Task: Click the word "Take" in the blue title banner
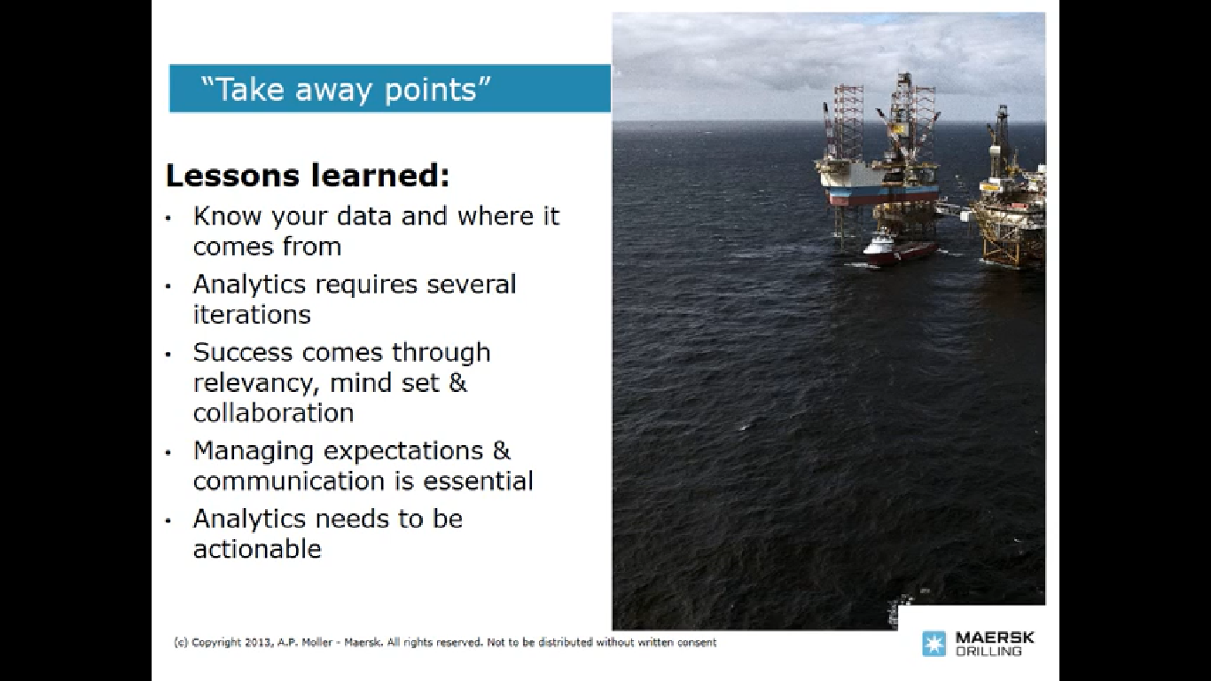click(x=250, y=89)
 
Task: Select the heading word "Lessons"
click(x=232, y=176)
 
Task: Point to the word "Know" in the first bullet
click(x=228, y=215)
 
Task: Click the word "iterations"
click(x=252, y=314)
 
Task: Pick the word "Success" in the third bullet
click(x=243, y=352)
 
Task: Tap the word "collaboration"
click(x=274, y=412)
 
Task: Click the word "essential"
click(x=477, y=481)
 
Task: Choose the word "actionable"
click(x=257, y=549)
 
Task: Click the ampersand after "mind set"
click(x=457, y=382)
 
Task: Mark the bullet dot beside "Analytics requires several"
click(x=168, y=286)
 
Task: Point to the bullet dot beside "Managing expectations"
click(x=168, y=453)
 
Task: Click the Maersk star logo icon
click(x=934, y=644)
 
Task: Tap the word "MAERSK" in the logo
click(x=995, y=638)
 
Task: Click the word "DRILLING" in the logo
click(x=988, y=651)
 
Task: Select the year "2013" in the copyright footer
click(x=258, y=643)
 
